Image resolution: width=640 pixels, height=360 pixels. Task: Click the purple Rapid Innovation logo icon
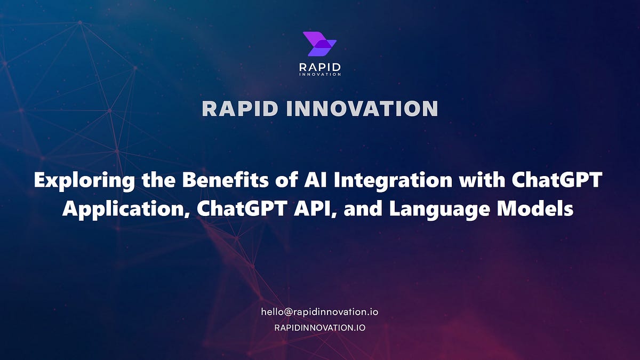[319, 44]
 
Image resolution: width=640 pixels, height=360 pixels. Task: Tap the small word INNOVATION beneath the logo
[319, 75]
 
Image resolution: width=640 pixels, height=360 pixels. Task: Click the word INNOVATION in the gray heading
[362, 109]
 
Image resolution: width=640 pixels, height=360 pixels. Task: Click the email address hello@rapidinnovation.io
[319, 312]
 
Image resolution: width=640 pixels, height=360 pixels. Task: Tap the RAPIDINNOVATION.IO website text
[319, 327]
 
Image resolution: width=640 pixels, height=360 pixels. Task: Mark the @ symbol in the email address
[286, 312]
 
